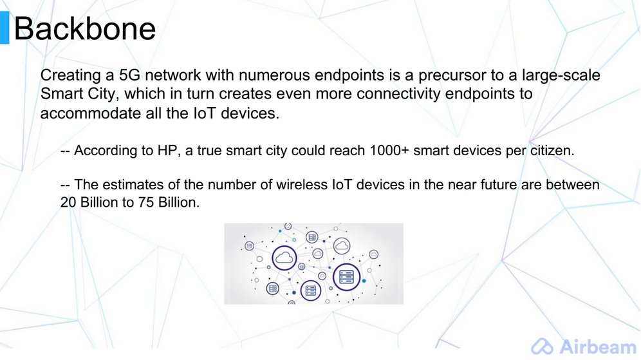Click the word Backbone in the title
(x=84, y=28)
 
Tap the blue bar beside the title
(x=5, y=28)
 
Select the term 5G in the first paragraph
(x=129, y=75)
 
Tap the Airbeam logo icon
(x=542, y=347)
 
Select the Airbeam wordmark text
(x=599, y=346)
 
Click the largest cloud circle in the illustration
(x=284, y=258)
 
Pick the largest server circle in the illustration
(x=346, y=277)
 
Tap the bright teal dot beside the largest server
(x=364, y=281)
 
